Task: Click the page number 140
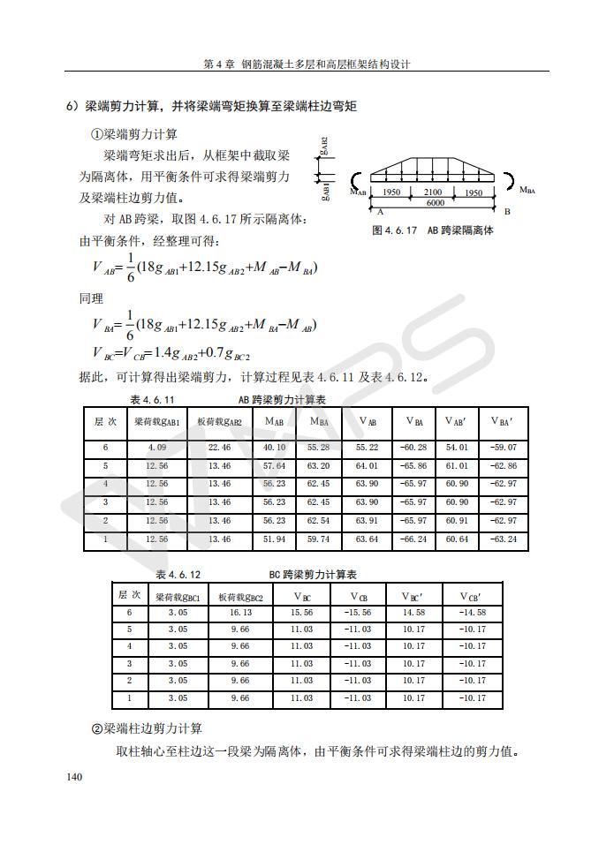coord(74,777)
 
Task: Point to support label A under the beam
coord(380,213)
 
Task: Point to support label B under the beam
coord(507,213)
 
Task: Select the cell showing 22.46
coord(220,448)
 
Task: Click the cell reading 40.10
coord(275,448)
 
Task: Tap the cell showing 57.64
coord(275,465)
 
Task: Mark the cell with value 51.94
coord(275,539)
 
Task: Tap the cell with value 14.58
coord(413,612)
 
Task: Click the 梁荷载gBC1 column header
coord(178,596)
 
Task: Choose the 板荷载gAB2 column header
coord(220,422)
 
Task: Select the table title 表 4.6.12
coord(178,575)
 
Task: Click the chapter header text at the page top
coord(307,64)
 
